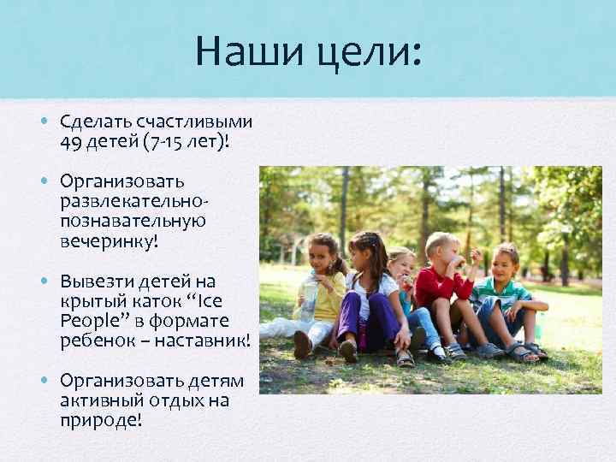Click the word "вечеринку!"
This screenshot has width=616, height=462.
pyautogui.click(x=109, y=240)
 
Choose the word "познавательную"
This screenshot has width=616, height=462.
pyautogui.click(x=132, y=221)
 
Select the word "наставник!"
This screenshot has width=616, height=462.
pyautogui.click(x=206, y=341)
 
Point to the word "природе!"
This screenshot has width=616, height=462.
pyautogui.click(x=101, y=421)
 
